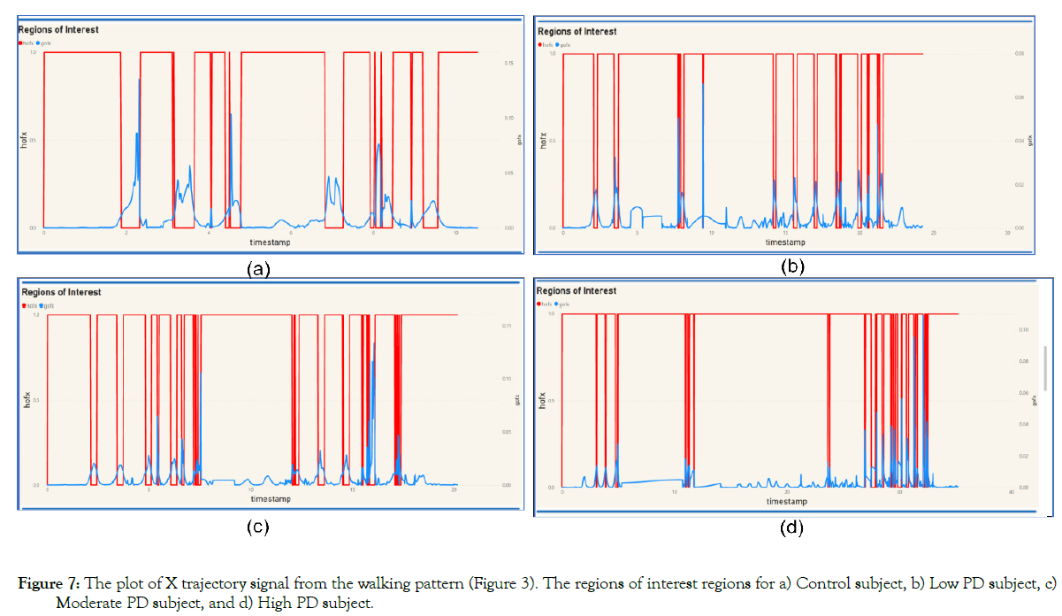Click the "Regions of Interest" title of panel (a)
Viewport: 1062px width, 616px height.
[x=58, y=29]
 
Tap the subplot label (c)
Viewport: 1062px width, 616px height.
[x=256, y=527]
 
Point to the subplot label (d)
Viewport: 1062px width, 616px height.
[x=791, y=528]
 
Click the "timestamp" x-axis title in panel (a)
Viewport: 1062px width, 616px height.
[x=269, y=241]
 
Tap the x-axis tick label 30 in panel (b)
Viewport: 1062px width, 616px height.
[x=1007, y=234]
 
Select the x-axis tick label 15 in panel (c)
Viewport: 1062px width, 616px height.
[x=352, y=489]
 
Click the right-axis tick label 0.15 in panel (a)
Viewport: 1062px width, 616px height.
[x=508, y=63]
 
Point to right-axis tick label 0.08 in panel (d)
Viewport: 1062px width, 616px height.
[x=1024, y=361]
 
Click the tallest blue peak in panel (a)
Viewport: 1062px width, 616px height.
[x=139, y=80]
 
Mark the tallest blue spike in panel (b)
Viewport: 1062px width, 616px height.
[x=703, y=85]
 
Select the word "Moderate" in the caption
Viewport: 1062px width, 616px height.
[x=84, y=603]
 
